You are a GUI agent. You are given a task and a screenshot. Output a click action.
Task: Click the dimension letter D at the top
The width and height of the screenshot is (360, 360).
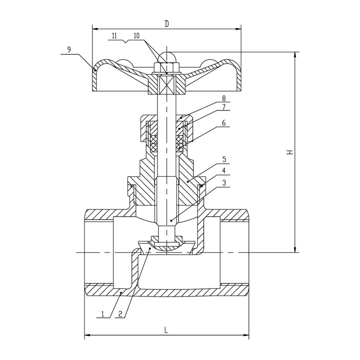167,24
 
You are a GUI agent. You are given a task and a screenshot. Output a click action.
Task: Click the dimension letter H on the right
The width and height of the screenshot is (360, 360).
290,152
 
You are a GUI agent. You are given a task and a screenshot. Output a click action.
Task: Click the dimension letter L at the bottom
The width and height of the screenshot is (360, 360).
166,330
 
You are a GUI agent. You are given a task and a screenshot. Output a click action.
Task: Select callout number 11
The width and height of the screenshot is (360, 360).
114,36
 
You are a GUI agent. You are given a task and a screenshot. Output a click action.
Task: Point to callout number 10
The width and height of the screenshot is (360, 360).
136,36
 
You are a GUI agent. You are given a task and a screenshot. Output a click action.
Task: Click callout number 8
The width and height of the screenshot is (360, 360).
224,98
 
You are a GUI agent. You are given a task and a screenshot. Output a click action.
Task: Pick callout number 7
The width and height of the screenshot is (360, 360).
224,107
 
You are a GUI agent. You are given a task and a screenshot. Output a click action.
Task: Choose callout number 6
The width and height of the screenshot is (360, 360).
224,123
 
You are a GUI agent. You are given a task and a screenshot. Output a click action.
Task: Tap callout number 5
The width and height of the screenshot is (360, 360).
224,159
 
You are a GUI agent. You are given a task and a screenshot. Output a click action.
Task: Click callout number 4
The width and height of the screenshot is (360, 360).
224,171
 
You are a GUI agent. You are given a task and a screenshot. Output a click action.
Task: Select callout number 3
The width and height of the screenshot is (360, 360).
224,183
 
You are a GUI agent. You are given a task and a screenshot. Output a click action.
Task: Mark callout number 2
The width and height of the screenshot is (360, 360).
120,314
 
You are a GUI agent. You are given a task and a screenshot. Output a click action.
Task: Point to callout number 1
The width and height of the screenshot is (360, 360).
103,314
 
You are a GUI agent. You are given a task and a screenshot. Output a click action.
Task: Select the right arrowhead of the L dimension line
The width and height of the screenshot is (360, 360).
246,335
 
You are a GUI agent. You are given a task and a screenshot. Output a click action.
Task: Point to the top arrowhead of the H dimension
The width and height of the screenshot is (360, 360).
295,55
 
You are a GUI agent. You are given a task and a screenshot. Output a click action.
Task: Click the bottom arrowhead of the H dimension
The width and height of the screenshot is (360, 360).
295,250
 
